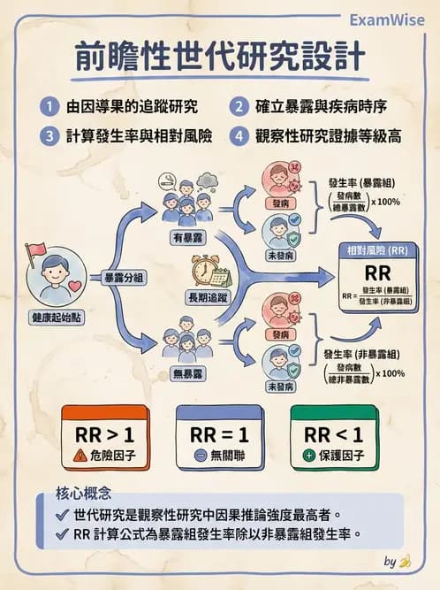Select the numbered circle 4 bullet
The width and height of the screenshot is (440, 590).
239,136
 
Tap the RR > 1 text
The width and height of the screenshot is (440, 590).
106,434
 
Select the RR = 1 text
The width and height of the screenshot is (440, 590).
220,434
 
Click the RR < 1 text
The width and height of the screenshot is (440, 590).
334,434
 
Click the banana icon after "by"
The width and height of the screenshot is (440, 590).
405,561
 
